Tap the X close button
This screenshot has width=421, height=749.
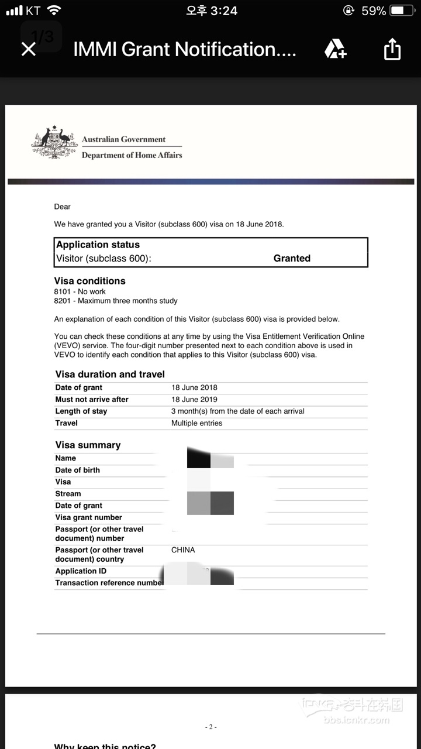[28, 50]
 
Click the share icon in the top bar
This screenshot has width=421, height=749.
[392, 50]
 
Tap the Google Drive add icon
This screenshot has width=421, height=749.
[335, 50]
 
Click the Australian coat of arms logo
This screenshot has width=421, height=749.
[54, 142]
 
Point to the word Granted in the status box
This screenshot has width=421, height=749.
[292, 258]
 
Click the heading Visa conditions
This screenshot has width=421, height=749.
[89, 281]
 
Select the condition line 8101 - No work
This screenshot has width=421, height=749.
[80, 291]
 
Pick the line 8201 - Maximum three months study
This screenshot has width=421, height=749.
[116, 301]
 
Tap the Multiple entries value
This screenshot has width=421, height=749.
[196, 423]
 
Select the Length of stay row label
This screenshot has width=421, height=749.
[81, 411]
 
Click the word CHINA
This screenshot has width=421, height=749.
[183, 550]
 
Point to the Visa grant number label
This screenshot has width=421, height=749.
[89, 517]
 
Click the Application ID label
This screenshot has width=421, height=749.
[81, 571]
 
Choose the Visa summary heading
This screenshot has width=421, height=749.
[88, 445]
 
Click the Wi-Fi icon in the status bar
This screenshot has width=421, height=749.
[54, 11]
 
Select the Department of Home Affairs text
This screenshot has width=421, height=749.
[132, 155]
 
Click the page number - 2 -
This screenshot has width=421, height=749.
[210, 727]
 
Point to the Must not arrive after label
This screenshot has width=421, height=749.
[92, 399]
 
